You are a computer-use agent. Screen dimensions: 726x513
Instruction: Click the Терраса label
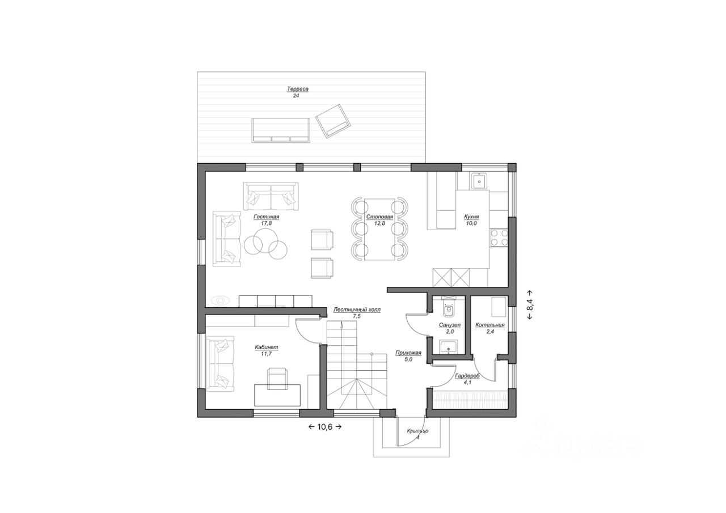click(x=297, y=89)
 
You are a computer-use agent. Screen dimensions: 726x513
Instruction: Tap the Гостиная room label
click(x=267, y=217)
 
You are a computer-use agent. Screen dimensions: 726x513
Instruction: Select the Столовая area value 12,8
click(x=379, y=223)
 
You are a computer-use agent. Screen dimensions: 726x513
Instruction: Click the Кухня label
click(x=471, y=217)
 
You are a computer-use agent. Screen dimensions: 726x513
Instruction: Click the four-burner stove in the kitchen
click(x=499, y=238)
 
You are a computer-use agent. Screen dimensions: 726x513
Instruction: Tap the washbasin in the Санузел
click(x=449, y=347)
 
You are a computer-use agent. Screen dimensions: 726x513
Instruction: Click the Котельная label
click(x=489, y=325)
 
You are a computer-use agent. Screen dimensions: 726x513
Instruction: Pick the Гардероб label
click(x=467, y=376)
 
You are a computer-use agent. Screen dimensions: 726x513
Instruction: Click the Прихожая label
click(x=408, y=353)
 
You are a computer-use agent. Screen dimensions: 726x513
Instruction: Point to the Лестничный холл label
click(x=357, y=310)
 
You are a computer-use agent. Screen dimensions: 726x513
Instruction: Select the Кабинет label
click(x=267, y=347)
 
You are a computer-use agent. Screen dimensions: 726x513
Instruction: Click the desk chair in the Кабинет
click(x=277, y=379)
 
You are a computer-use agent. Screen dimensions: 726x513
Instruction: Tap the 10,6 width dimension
click(x=325, y=427)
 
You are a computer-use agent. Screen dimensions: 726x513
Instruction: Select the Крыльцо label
click(x=418, y=431)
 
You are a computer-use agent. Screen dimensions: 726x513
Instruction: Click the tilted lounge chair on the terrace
click(x=333, y=121)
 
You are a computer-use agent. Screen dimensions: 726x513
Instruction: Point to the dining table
click(x=379, y=230)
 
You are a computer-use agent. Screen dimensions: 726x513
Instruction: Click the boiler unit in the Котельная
click(x=499, y=307)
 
